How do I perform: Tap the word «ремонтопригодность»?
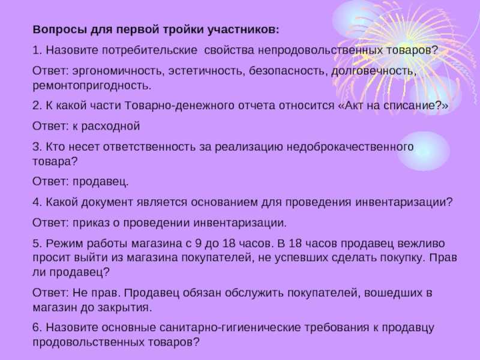tap(92, 86)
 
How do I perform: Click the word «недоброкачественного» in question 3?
tap(350, 147)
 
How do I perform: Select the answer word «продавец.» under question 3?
tap(100, 182)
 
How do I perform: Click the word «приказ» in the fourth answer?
tap(91, 223)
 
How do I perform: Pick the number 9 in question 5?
tap(198, 244)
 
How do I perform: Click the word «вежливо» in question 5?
tap(421, 244)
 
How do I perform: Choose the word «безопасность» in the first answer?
tap(289, 71)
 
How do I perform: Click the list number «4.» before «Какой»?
tap(37, 203)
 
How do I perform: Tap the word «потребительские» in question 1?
tap(149, 50)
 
